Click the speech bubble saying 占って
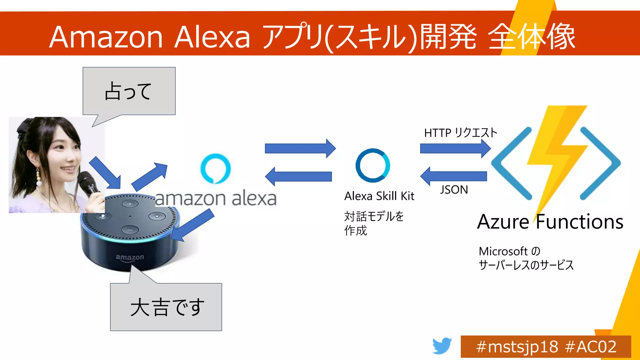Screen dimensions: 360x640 (129, 91)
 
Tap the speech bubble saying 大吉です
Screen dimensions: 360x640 (166, 307)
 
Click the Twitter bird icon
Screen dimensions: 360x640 (442, 346)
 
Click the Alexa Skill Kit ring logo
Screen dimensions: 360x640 (372, 165)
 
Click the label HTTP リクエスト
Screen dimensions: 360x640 (460, 133)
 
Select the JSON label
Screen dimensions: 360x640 (454, 190)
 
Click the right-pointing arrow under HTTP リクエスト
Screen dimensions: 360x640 (455, 148)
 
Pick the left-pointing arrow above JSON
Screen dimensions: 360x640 (453, 176)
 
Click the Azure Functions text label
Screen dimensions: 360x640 (550, 222)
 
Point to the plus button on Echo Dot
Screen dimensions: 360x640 (130, 204)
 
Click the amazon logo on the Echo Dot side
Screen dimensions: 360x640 (130, 257)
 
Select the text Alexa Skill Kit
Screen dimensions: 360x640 (379, 196)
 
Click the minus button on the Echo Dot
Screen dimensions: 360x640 (130, 230)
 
